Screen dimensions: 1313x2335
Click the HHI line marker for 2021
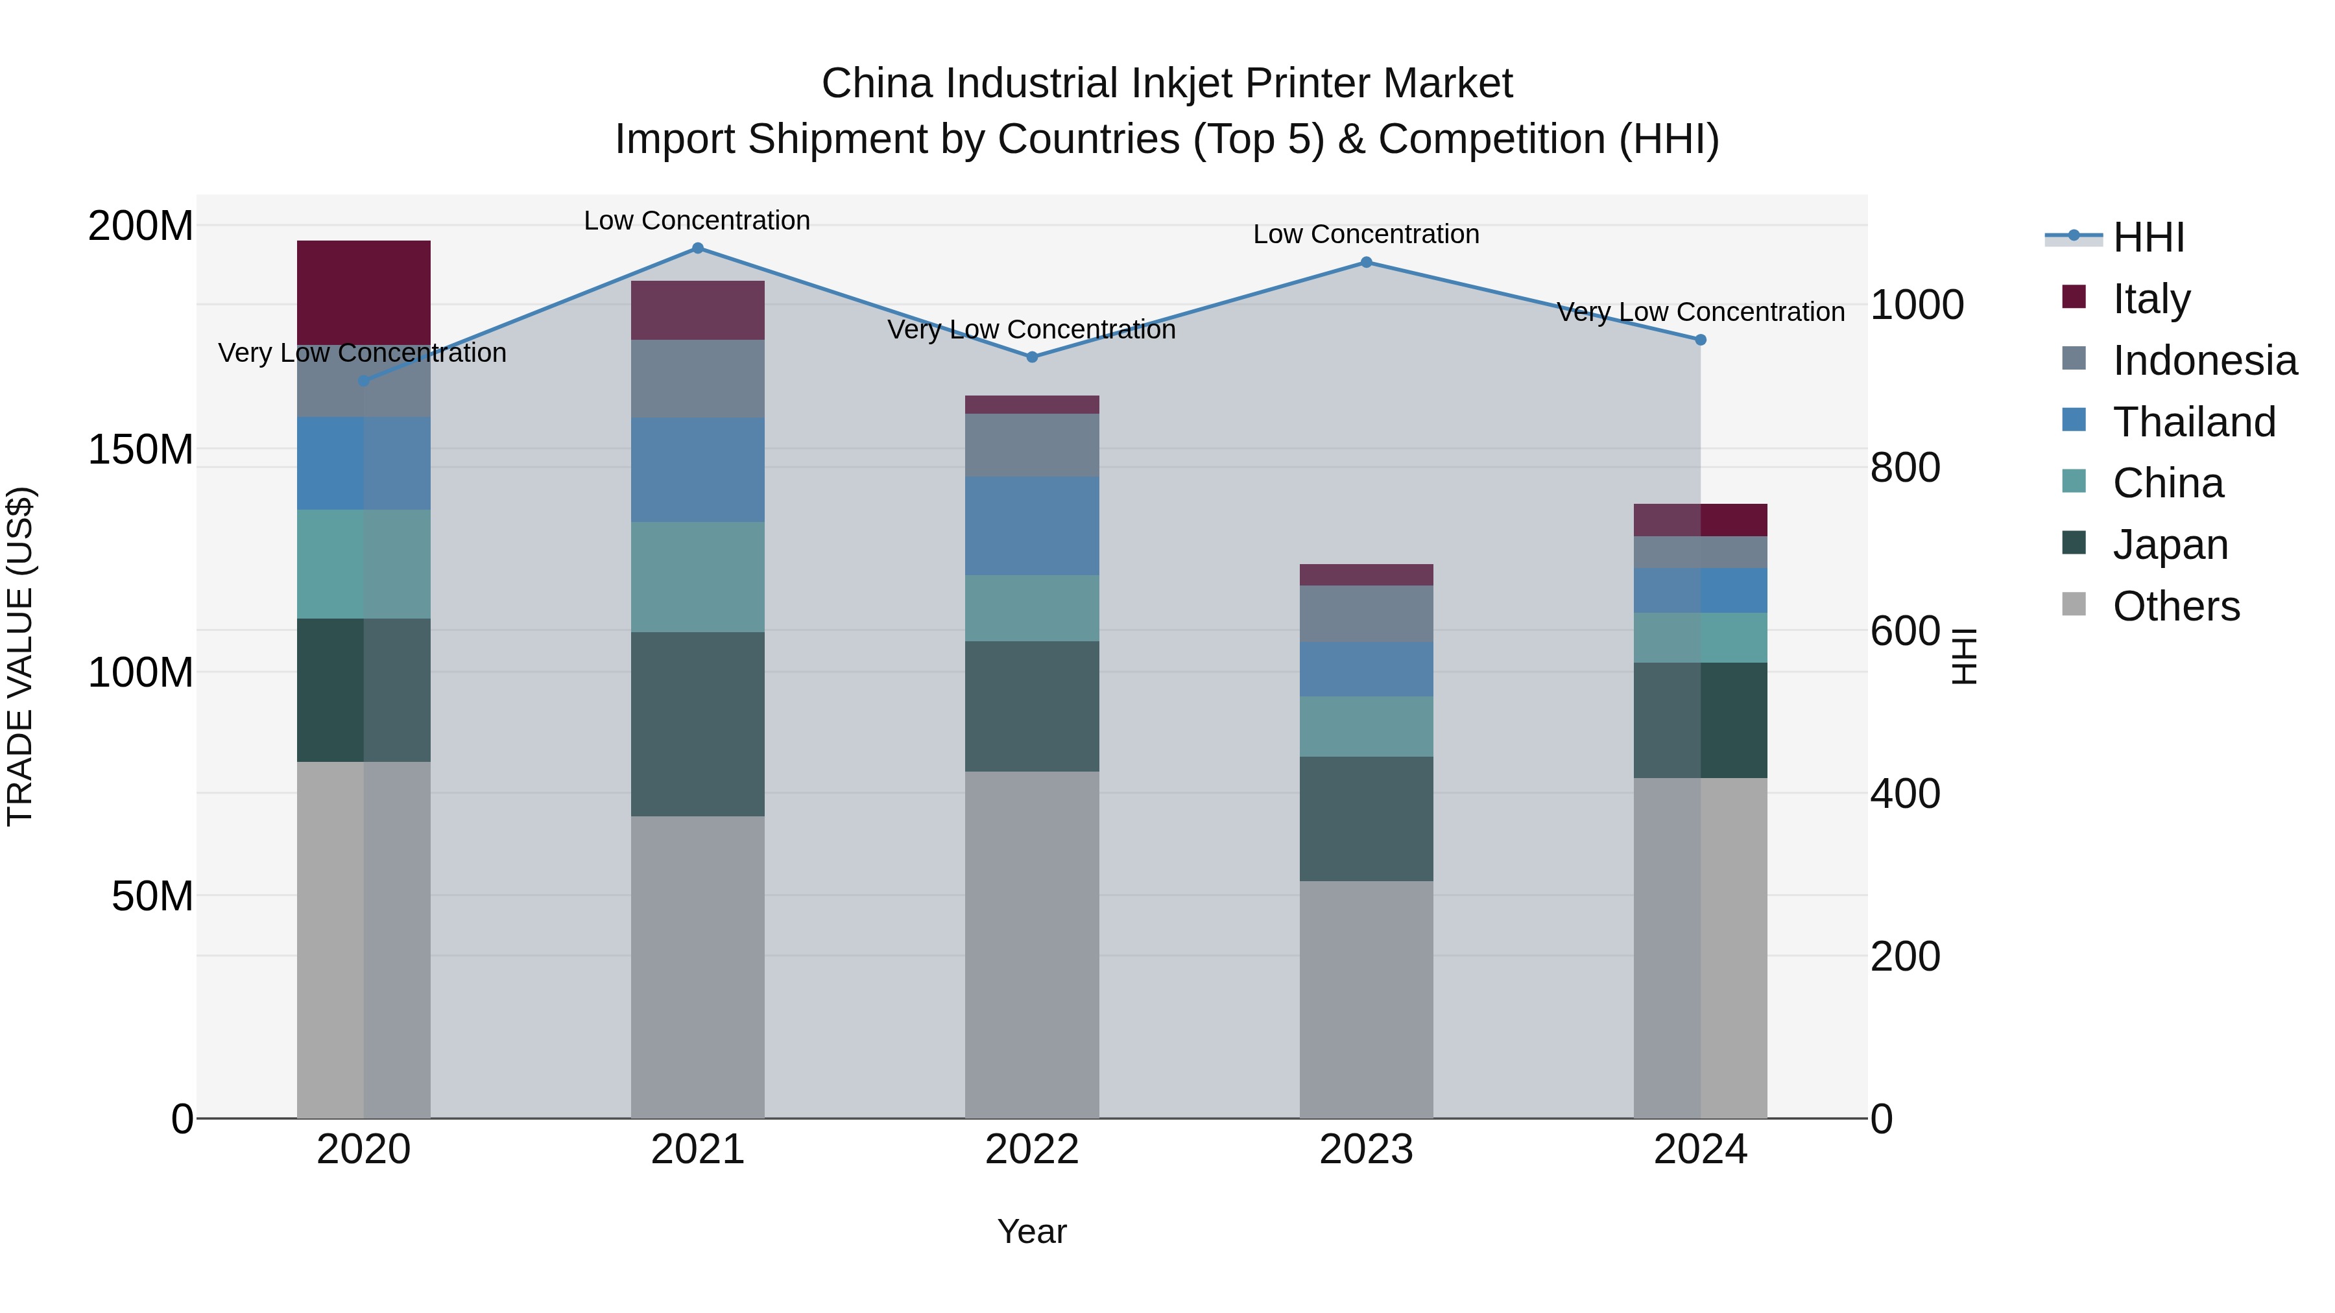pos(697,248)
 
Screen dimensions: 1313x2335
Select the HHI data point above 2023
pos(1366,263)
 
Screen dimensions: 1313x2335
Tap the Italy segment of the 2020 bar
pos(363,292)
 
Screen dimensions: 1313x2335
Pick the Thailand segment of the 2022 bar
pos(1031,526)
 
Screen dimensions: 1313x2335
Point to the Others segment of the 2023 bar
pos(1366,999)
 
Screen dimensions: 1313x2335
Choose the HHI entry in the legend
pos(2148,237)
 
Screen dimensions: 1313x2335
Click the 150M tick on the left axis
pos(141,449)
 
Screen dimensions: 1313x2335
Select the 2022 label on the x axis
pos(1031,1150)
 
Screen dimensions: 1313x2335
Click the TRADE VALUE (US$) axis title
pos(21,656)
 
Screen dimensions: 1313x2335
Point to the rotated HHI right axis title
pos(1963,656)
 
